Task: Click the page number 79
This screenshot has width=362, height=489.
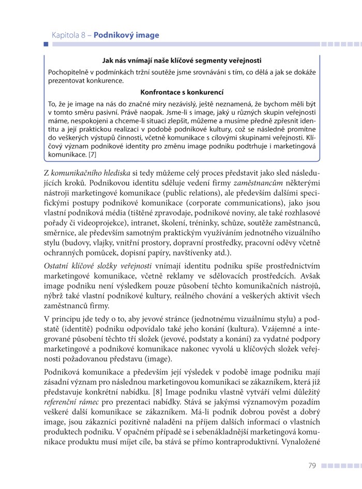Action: pyautogui.click(x=312, y=466)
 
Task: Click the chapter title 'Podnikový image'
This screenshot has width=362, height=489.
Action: pyautogui.click(x=126, y=35)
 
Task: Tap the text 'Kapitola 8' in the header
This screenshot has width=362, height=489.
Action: pyautogui.click(x=69, y=35)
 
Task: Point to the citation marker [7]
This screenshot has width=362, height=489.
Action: pyautogui.click(x=92, y=154)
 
